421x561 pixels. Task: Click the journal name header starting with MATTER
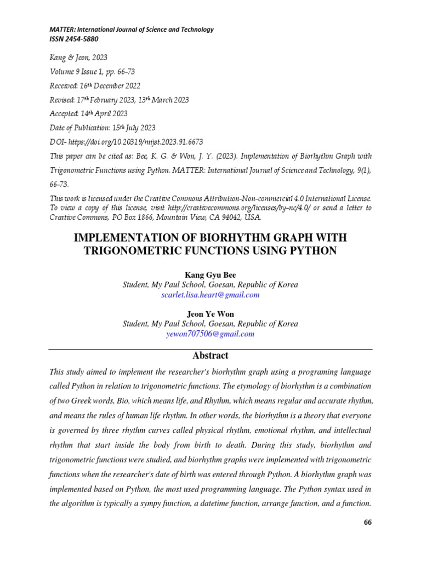(x=132, y=30)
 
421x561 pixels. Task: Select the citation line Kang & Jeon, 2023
(x=78, y=58)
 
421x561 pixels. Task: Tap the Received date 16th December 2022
(x=95, y=85)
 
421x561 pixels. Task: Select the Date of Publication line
(x=103, y=128)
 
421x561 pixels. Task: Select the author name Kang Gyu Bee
(x=210, y=275)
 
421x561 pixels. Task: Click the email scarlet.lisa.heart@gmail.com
(x=210, y=295)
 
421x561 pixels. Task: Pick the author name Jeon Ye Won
(x=210, y=314)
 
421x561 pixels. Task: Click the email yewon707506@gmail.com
(x=210, y=334)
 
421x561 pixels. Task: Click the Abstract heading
(x=210, y=356)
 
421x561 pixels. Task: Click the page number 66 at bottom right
(x=367, y=522)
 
